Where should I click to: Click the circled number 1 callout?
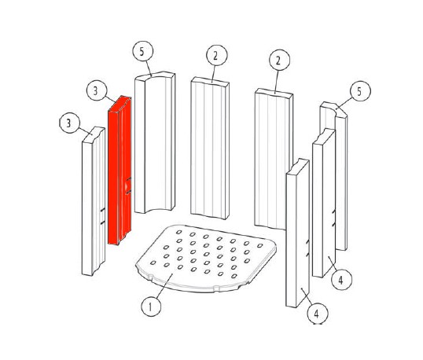pos(151,307)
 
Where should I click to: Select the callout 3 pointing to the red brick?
pos(97,90)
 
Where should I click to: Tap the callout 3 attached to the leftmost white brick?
pos(70,123)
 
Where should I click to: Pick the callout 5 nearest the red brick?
pos(143,51)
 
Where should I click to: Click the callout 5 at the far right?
pos(360,91)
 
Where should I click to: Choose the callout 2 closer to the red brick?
pos(217,55)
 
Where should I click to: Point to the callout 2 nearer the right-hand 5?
pos(279,60)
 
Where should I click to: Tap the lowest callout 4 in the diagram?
pos(318,314)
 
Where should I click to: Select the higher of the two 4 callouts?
pos(341,280)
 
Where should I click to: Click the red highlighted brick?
pos(120,171)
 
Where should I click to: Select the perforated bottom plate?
pos(206,259)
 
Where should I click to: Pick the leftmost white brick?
pos(94,201)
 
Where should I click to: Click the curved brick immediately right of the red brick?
pos(155,142)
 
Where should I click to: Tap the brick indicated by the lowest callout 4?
pos(297,233)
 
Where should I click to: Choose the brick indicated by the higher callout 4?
pos(324,203)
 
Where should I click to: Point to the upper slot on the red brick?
pos(128,178)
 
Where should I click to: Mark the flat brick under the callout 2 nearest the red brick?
pos(210,148)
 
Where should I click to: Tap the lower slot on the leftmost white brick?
pos(102,222)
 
